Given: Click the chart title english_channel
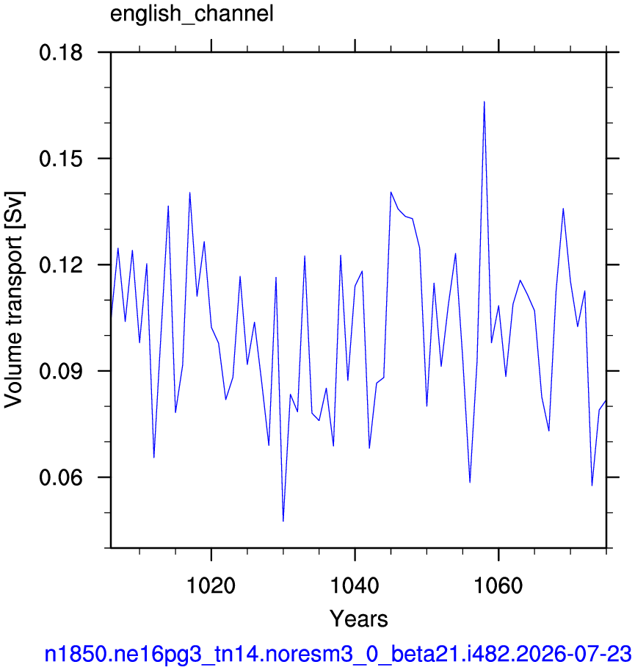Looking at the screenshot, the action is [192, 15].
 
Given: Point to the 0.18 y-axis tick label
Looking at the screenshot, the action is [61, 54].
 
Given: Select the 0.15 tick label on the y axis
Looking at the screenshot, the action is [61, 159].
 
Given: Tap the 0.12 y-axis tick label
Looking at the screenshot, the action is [61, 265].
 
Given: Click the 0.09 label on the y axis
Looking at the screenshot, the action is [61, 371].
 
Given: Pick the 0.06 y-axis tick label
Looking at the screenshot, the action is [61, 477].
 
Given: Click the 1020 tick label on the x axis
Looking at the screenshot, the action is [211, 585].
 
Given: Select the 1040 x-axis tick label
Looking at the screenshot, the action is [355, 585].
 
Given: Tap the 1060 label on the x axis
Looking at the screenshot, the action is [498, 585].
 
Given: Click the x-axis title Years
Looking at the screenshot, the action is [359, 619].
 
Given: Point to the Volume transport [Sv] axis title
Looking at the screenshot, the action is [14, 300].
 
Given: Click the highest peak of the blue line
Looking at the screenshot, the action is [484, 101].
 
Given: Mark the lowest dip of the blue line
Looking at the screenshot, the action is [283, 521].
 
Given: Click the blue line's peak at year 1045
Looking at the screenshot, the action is [391, 192].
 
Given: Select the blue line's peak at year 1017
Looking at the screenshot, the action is [189, 192].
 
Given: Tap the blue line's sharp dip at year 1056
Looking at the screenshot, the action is [470, 482].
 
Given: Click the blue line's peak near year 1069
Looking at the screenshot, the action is [563, 209].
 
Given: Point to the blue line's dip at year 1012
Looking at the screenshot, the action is [153, 457].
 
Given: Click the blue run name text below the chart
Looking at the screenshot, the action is [338, 654].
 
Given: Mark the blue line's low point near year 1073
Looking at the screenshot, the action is [592, 486].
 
